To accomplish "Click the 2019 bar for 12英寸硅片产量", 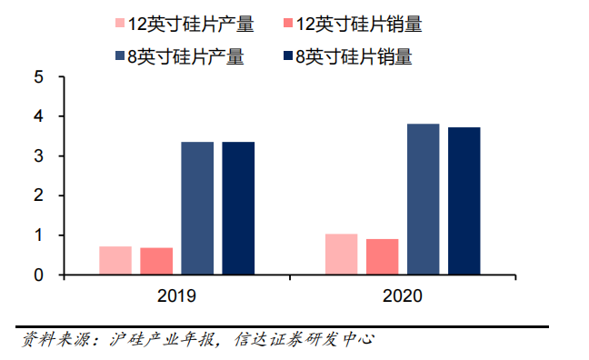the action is (115, 260).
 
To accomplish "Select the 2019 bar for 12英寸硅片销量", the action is (156, 261).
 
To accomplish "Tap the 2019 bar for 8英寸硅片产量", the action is (197, 208).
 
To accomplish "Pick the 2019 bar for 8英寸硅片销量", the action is (238, 208).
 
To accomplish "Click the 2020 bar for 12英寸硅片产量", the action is (341, 254).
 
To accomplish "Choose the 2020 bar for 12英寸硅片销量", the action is (382, 256).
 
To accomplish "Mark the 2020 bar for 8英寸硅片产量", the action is (423, 199).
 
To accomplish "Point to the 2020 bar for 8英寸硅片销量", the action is (464, 201).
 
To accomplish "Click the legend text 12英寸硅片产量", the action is (191, 24).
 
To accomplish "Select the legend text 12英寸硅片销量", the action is (359, 24).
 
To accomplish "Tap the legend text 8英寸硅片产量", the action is (185, 56).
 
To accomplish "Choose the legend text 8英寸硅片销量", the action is (354, 56).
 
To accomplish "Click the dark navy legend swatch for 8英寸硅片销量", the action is (288, 56).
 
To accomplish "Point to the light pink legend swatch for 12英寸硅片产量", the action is (120, 23).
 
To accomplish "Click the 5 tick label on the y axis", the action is (39, 77).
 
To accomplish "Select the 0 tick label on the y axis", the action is (39, 275).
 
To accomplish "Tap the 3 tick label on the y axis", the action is (39, 156).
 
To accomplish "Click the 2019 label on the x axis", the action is (176, 295).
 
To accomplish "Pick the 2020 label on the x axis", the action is (403, 295).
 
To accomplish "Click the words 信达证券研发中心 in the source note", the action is (304, 339).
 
